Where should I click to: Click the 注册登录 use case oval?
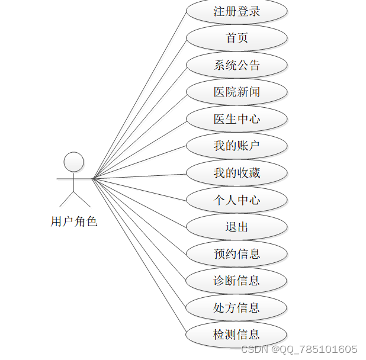click(x=237, y=11)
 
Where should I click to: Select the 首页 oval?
click(x=237, y=38)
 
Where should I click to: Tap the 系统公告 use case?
click(x=237, y=65)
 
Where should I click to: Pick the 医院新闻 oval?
click(x=237, y=92)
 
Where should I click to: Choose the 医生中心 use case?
click(x=237, y=119)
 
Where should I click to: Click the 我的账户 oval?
click(x=237, y=146)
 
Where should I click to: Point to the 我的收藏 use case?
click(x=237, y=173)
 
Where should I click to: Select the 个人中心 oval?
click(x=237, y=200)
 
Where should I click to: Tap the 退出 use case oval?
click(x=237, y=227)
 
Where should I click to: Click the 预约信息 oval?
click(x=237, y=253)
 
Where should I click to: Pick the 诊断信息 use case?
click(x=237, y=281)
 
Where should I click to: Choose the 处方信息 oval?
click(x=237, y=307)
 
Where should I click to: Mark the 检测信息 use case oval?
click(x=237, y=335)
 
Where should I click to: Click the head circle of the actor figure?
click(x=74, y=162)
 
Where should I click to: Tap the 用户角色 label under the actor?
click(x=74, y=222)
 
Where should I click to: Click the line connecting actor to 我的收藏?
click(x=139, y=176)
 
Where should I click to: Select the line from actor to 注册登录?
click(x=139, y=95)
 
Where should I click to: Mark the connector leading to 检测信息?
click(x=139, y=255)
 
